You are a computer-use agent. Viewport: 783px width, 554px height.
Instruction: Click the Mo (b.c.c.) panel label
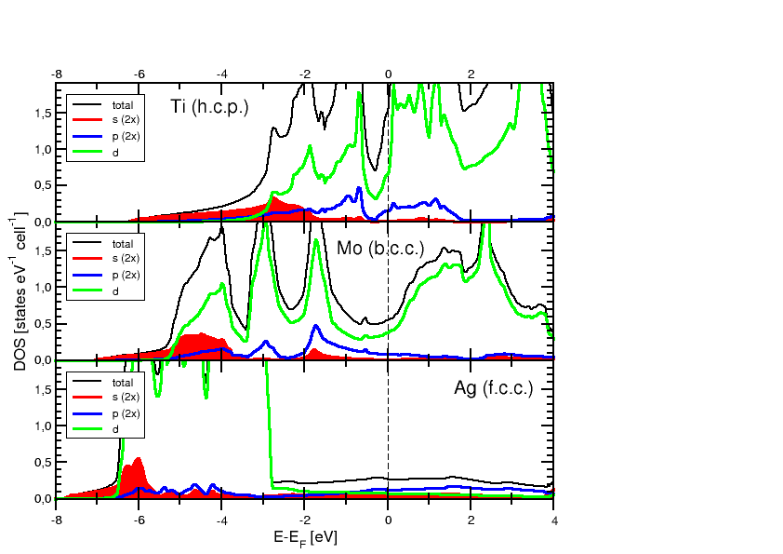coord(380,250)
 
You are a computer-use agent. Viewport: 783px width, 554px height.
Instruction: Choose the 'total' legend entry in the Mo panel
coord(122,244)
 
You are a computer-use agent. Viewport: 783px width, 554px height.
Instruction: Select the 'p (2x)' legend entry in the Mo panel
coord(123,276)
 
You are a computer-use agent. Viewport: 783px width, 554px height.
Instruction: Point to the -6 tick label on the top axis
coord(139,73)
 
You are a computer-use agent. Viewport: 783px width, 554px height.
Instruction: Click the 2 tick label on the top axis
coord(471,73)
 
